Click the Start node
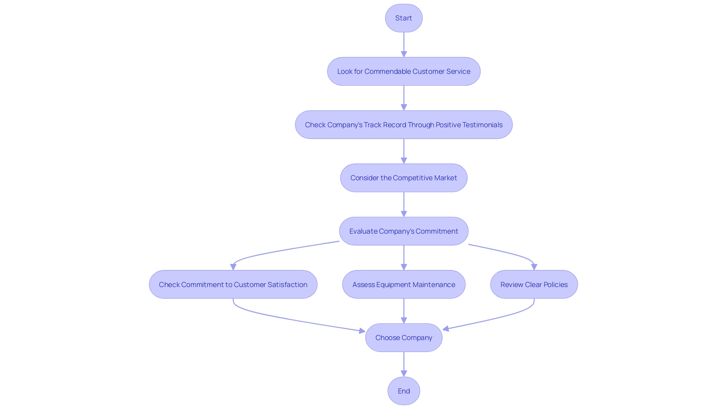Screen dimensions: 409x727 pyautogui.click(x=404, y=18)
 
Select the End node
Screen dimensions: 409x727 pyautogui.click(x=404, y=391)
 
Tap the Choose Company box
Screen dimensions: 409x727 pyautogui.click(x=404, y=337)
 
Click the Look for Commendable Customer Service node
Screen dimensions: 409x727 pyautogui.click(x=404, y=72)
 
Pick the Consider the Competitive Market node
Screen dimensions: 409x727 pyautogui.click(x=404, y=178)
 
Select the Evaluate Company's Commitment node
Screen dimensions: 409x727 pyautogui.click(x=404, y=231)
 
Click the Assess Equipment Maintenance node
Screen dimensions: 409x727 pyautogui.click(x=404, y=284)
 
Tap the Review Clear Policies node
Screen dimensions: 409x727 pyautogui.click(x=534, y=284)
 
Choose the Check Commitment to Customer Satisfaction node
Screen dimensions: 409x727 pyautogui.click(x=233, y=284)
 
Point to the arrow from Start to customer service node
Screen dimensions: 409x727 pyautogui.click(x=404, y=44)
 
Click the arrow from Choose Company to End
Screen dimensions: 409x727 pyautogui.click(x=404, y=364)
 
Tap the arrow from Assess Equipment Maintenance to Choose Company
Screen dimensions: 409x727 pyautogui.click(x=404, y=311)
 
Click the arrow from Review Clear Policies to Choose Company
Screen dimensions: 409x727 pyautogui.click(x=492, y=318)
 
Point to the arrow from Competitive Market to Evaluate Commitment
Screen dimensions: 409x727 pyautogui.click(x=404, y=204)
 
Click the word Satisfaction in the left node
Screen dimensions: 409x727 pyautogui.click(x=287, y=285)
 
